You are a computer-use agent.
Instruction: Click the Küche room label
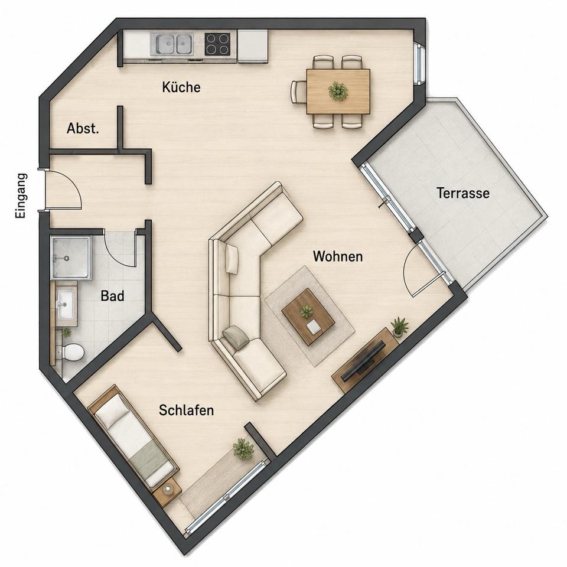coord(181,87)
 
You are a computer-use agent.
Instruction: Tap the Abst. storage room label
coord(83,128)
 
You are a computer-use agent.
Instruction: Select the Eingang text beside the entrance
coord(21,195)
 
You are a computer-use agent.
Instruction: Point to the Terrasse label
coord(463,193)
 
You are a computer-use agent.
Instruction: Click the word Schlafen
coord(186,410)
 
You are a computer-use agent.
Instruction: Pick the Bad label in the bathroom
coord(112,296)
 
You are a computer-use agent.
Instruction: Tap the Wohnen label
coord(338,256)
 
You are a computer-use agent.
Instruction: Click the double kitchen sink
coord(172,44)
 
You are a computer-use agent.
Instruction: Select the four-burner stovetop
coord(217,44)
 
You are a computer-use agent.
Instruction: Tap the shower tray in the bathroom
coord(70,258)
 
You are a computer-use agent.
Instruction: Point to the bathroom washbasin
coord(66,304)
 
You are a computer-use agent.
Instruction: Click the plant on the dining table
coord(338,91)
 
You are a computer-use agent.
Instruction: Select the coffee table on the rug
coord(308,317)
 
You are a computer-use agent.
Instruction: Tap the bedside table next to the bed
coord(167,491)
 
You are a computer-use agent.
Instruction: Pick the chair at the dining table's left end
coord(298,92)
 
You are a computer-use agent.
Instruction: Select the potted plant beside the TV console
coord(399,327)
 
